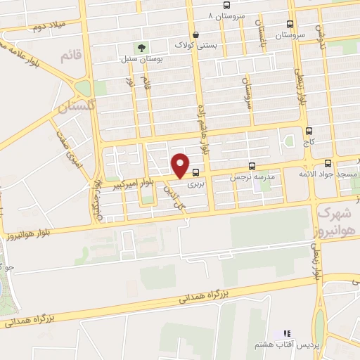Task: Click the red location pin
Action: (181, 165)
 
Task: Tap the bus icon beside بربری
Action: (195, 172)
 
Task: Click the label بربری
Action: (195, 184)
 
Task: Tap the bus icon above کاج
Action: (309, 131)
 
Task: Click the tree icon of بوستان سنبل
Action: (141, 48)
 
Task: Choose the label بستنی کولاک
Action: (196, 44)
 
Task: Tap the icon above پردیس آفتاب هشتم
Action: (286, 334)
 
